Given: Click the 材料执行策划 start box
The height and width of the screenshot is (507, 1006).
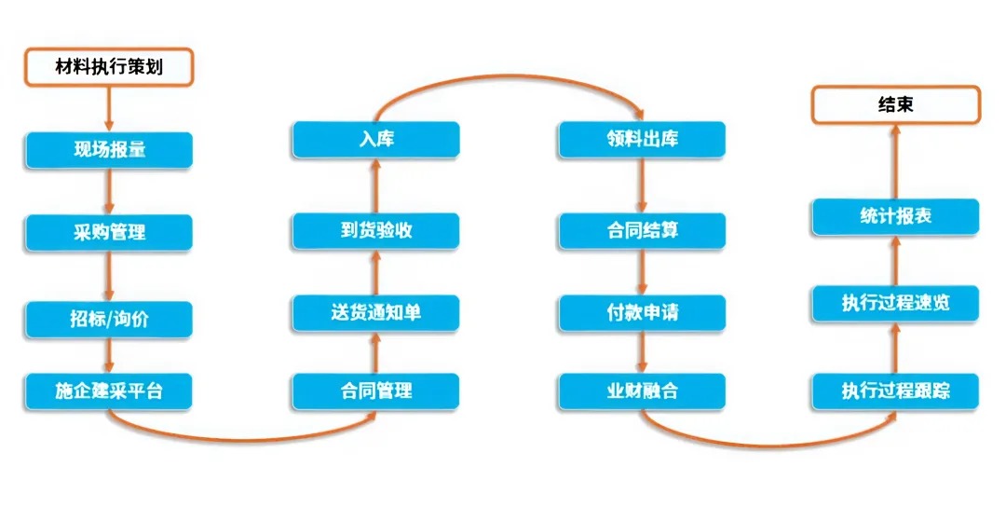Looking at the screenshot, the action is click(x=109, y=67).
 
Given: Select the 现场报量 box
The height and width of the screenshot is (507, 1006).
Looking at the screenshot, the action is click(x=109, y=150).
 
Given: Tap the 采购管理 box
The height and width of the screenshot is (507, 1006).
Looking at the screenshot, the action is click(x=109, y=232).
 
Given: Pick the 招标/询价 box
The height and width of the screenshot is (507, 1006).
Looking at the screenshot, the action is click(x=109, y=319).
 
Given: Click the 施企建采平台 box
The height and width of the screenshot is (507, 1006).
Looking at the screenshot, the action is click(x=109, y=391).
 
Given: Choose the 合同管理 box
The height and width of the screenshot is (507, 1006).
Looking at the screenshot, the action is click(x=376, y=391).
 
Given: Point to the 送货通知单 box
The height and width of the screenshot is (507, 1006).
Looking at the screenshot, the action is click(x=376, y=313).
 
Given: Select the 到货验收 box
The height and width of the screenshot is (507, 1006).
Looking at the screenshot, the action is click(x=376, y=231).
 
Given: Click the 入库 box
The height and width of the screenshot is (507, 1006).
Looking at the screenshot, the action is click(x=376, y=139).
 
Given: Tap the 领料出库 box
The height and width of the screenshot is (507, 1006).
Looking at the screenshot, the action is click(x=642, y=139).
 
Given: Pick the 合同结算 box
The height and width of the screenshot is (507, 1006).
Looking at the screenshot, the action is click(x=642, y=231).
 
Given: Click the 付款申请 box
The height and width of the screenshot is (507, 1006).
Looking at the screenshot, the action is click(x=642, y=313).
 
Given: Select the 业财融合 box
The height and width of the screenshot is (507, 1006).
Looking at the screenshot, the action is click(x=642, y=391).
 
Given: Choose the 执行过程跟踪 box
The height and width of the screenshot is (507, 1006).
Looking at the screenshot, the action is click(x=896, y=391).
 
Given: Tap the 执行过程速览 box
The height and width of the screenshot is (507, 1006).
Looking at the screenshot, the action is click(x=896, y=304).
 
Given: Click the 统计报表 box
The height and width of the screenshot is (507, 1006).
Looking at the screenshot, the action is click(x=896, y=217).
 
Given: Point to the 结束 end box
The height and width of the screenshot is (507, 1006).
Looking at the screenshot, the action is click(x=896, y=104).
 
